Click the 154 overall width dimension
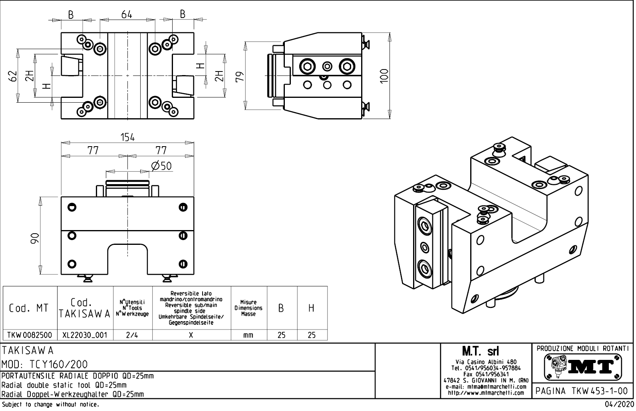click(x=127, y=137)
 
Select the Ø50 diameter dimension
click(x=162, y=165)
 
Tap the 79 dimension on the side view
click(x=240, y=76)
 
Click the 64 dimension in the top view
click(x=127, y=14)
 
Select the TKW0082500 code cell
click(x=30, y=335)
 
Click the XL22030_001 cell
click(x=85, y=335)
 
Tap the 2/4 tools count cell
click(x=132, y=335)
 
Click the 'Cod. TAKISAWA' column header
click(x=85, y=308)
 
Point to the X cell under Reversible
click(x=191, y=335)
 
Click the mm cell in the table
click(x=248, y=335)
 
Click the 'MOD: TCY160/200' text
click(x=45, y=364)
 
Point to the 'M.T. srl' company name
click(x=485, y=351)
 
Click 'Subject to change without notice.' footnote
click(x=50, y=405)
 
